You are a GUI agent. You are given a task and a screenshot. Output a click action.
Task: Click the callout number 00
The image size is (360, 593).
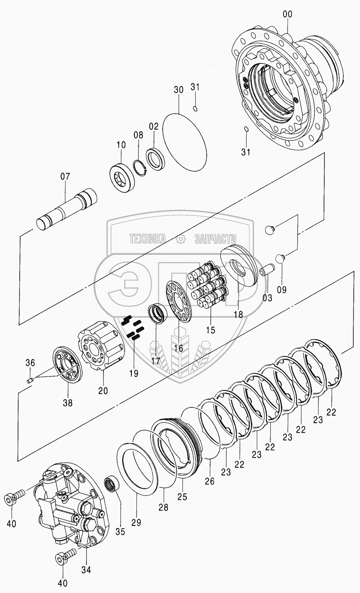pyautogui.click(x=287, y=14)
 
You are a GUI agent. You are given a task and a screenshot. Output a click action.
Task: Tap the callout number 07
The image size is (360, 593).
pyautogui.click(x=65, y=176)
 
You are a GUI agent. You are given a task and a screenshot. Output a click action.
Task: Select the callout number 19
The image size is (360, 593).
pyautogui.click(x=134, y=373)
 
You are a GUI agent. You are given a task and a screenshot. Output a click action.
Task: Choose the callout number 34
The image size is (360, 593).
pyautogui.click(x=86, y=570)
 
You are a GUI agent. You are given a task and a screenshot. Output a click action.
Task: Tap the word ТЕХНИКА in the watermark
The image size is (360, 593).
pyautogui.click(x=148, y=239)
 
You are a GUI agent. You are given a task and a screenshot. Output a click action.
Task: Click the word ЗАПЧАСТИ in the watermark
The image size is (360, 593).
pyautogui.click(x=215, y=239)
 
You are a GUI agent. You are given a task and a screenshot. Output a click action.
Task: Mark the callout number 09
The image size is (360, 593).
pyautogui.click(x=282, y=289)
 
